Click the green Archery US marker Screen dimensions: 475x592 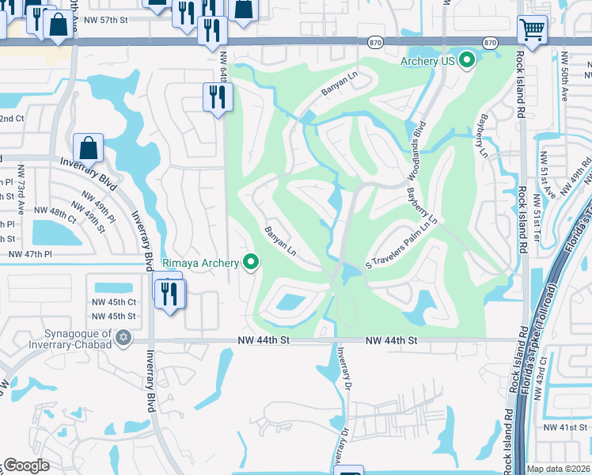click(467, 59)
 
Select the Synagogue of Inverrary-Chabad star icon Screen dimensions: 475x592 click(122, 338)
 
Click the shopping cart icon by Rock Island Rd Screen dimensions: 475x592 click(532, 31)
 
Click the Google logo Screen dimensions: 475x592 click(26, 465)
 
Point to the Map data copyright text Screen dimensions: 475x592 click(558, 469)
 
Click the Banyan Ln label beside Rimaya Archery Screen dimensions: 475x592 click(280, 242)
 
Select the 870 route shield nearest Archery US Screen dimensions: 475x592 click(490, 42)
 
